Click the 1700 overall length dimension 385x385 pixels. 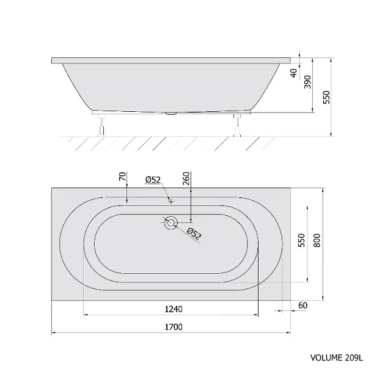(174, 327)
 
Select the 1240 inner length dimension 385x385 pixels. (174, 309)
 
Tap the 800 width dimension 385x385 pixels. (317, 240)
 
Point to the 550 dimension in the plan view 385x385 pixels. (301, 240)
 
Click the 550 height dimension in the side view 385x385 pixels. (326, 97)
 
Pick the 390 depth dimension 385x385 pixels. (307, 82)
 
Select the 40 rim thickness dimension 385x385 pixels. (294, 73)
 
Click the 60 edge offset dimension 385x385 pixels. (302, 306)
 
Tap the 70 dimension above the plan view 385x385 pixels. (122, 177)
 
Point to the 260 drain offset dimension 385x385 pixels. (186, 178)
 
